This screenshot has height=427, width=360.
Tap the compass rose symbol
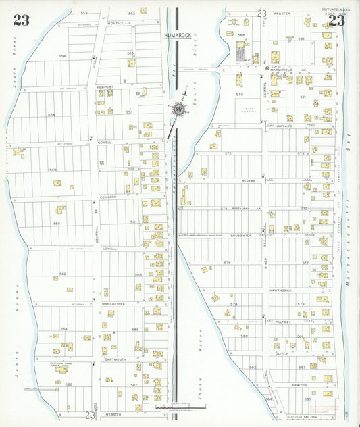pyautogui.click(x=179, y=108)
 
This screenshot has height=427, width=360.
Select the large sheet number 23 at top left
pyautogui.click(x=21, y=20)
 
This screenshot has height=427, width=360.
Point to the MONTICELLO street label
pyautogui.click(x=119, y=23)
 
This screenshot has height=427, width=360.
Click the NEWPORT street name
pyautogui.click(x=105, y=88)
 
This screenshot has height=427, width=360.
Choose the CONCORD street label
pyautogui.click(x=108, y=197)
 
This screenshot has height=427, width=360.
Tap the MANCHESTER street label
pyautogui.click(x=113, y=304)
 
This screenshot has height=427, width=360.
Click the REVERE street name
pyautogui.click(x=249, y=181)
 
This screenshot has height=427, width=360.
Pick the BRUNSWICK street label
pyautogui.click(x=240, y=236)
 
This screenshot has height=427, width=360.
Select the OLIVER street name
pyautogui.click(x=282, y=353)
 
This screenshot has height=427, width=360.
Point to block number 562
pyautogui.click(x=62, y=274)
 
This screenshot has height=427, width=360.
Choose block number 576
pyautogui.click(x=228, y=262)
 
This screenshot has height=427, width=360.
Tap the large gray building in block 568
pyautogui.click(x=241, y=51)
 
